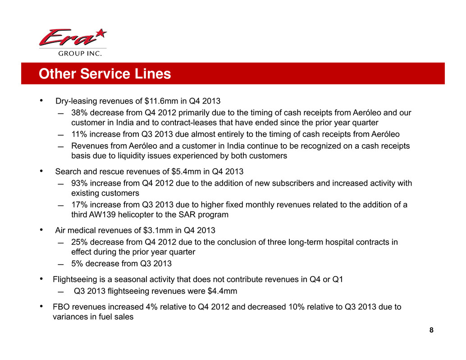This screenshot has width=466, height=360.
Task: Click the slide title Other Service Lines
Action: tap(105, 74)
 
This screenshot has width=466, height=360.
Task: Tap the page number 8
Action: tap(431, 330)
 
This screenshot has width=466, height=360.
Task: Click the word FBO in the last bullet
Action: tap(60, 307)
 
